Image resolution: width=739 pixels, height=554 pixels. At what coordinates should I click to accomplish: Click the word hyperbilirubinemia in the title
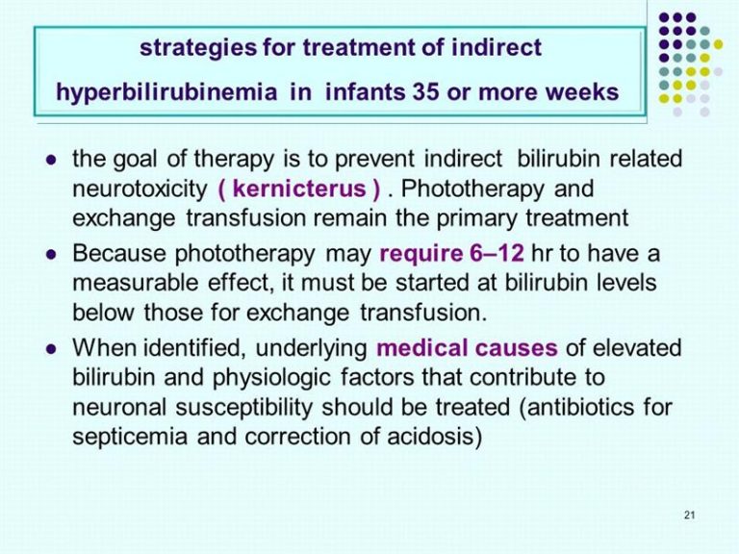(x=166, y=92)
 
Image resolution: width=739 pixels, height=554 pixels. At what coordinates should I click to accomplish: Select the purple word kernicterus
(x=299, y=189)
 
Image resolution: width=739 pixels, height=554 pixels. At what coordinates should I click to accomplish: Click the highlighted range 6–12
(x=497, y=254)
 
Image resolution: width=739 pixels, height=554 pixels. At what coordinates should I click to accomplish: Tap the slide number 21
(x=690, y=515)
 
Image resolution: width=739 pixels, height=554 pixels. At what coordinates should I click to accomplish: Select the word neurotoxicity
(x=140, y=189)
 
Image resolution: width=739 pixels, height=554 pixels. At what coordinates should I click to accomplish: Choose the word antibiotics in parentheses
(x=581, y=407)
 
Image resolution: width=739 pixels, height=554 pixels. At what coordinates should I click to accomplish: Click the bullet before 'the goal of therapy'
(x=51, y=161)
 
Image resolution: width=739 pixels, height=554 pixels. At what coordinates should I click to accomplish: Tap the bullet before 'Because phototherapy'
(x=51, y=255)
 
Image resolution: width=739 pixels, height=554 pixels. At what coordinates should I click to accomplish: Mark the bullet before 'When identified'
(x=51, y=349)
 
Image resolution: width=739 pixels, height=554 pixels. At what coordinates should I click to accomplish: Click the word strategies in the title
(x=198, y=48)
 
